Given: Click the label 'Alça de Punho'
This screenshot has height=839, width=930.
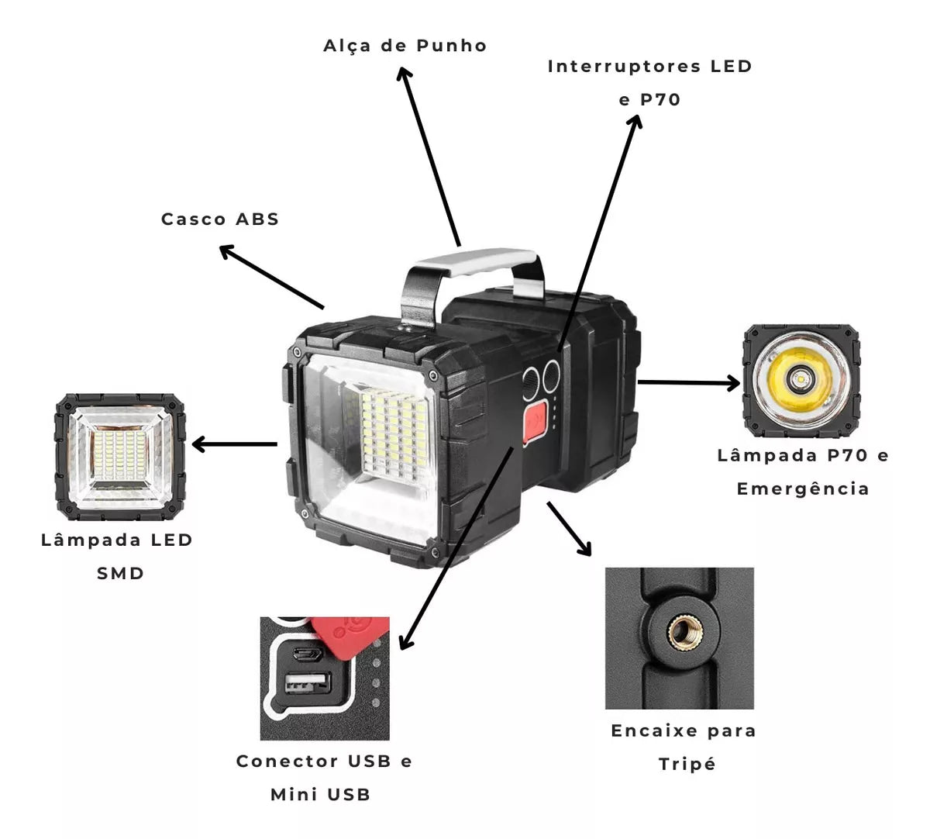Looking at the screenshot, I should (405, 46).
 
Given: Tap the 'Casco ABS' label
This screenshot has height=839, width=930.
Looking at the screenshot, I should (219, 219).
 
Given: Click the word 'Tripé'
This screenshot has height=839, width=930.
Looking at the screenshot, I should (687, 764).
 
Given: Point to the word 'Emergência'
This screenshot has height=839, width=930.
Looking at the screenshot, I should (802, 489).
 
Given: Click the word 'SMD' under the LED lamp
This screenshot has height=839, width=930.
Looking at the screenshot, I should (120, 574).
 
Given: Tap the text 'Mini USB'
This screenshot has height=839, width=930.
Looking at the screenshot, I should (320, 794).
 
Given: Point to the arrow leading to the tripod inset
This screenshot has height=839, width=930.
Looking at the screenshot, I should (569, 528).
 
